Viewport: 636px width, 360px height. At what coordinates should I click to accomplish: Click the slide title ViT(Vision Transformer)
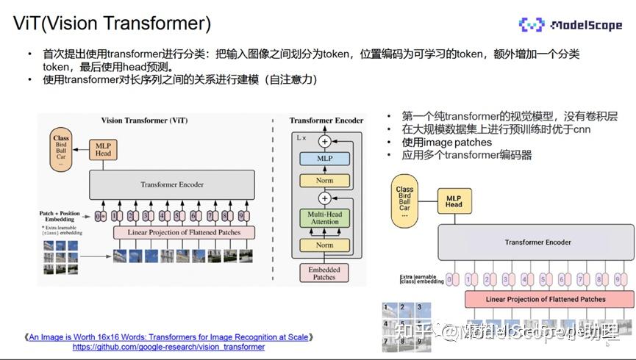(x=112, y=23)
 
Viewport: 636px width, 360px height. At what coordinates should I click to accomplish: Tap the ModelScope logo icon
(x=532, y=26)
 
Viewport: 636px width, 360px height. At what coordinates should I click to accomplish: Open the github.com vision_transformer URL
(x=168, y=347)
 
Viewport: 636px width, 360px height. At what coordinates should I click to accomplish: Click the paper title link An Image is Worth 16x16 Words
(x=168, y=337)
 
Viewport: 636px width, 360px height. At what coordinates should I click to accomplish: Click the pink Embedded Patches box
(x=324, y=273)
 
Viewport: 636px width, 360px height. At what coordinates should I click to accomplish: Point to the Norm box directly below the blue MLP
(x=324, y=180)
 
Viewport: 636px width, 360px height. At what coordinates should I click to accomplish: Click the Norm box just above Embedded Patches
(x=324, y=245)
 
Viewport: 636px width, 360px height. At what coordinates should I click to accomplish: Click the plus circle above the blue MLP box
(x=324, y=141)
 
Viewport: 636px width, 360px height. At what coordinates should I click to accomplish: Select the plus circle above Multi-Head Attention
(x=324, y=198)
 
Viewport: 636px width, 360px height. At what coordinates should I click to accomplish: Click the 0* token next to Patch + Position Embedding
(x=100, y=216)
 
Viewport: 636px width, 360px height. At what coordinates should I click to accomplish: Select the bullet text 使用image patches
(x=446, y=142)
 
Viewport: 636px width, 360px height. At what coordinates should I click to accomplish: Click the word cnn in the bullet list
(x=582, y=129)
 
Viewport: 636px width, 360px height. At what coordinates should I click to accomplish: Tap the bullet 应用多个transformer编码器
(x=466, y=155)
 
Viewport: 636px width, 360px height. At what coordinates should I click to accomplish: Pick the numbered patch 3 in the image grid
(x=419, y=308)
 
